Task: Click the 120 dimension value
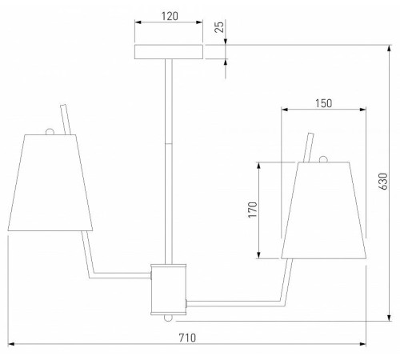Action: pyautogui.click(x=170, y=16)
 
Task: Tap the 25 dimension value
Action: pyautogui.click(x=219, y=27)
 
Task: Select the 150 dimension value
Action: pyautogui.click(x=324, y=103)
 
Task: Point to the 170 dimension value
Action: pyautogui.click(x=253, y=210)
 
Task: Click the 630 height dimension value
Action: pyautogui.click(x=382, y=182)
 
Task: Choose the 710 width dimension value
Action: pyautogui.click(x=187, y=338)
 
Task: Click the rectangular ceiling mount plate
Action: pyautogui.click(x=169, y=52)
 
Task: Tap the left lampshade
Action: pyautogui.click(x=50, y=182)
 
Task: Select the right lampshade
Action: pyautogui.click(x=323, y=210)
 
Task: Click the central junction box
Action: pyautogui.click(x=168, y=290)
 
